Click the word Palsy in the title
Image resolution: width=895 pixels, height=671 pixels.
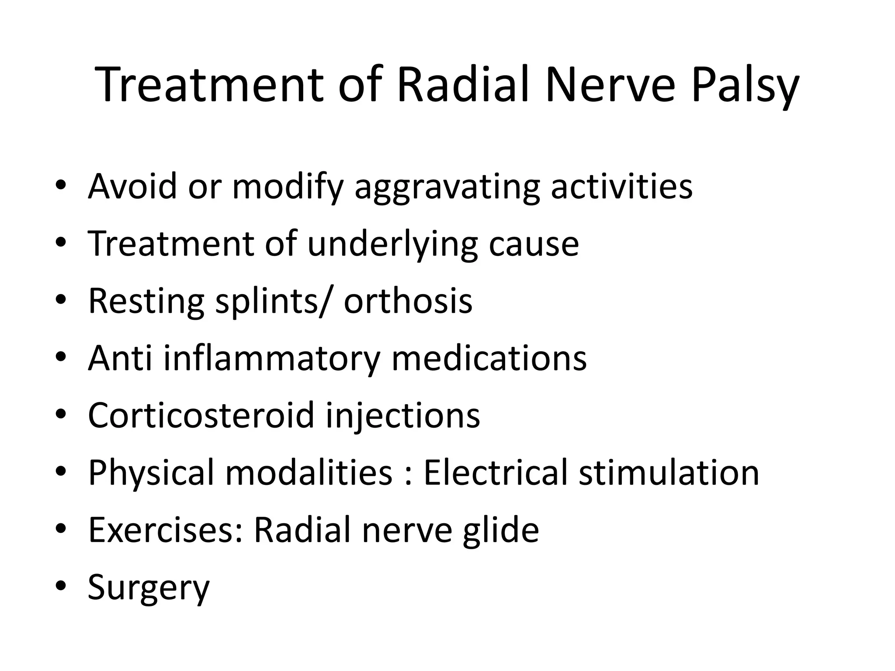click(745, 86)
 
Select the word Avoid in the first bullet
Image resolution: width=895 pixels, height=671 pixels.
click(132, 186)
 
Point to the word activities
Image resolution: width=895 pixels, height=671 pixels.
click(621, 186)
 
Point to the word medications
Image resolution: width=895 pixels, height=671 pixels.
click(489, 358)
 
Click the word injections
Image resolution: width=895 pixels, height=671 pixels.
click(403, 416)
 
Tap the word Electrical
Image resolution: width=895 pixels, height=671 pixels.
click(495, 472)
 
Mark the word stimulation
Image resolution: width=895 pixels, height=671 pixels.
click(669, 472)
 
